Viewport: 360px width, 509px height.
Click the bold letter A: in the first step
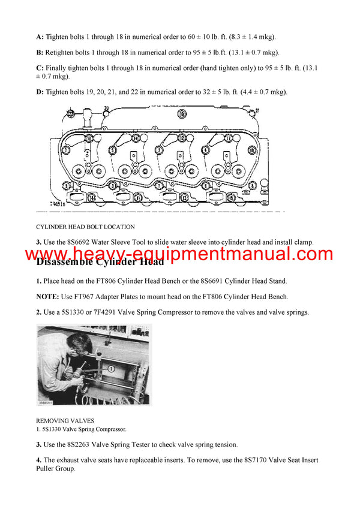[x=40, y=37]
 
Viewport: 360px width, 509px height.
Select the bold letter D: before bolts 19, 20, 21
[x=40, y=92]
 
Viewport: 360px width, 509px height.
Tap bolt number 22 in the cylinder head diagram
[x=71, y=113]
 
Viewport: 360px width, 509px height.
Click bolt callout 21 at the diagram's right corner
[x=256, y=111]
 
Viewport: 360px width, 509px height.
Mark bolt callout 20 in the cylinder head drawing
[x=106, y=109]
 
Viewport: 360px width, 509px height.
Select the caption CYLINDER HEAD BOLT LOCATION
[x=85, y=227]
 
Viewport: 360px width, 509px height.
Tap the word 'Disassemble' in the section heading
[x=67, y=261]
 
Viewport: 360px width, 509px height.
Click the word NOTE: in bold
[x=49, y=296]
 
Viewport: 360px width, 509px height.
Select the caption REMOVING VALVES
[x=64, y=421]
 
